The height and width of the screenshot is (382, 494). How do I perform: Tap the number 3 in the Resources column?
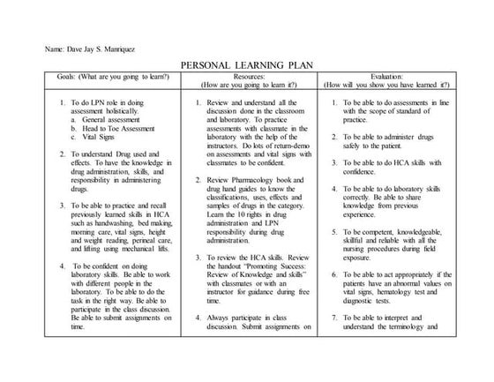pyautogui.click(x=198, y=257)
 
